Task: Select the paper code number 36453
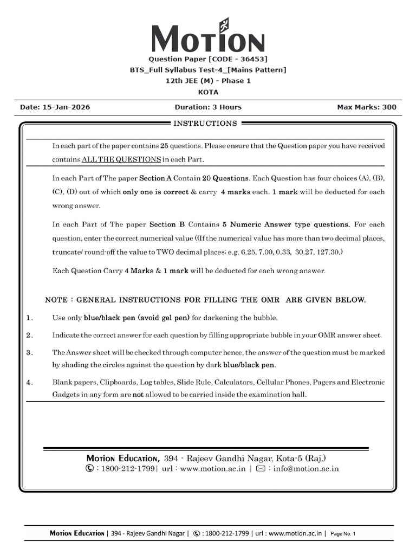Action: point(252,59)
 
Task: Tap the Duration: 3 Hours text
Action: point(208,107)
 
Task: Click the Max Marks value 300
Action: point(389,107)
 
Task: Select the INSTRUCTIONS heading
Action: point(205,124)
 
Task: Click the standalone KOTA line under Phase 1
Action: point(208,92)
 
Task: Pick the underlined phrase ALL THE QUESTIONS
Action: point(121,160)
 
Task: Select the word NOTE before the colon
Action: point(56,300)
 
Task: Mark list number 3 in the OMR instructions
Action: point(29,353)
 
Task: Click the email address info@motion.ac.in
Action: point(307,468)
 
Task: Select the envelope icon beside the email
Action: point(259,468)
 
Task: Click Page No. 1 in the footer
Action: point(342,534)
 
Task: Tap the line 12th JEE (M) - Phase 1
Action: point(208,81)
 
